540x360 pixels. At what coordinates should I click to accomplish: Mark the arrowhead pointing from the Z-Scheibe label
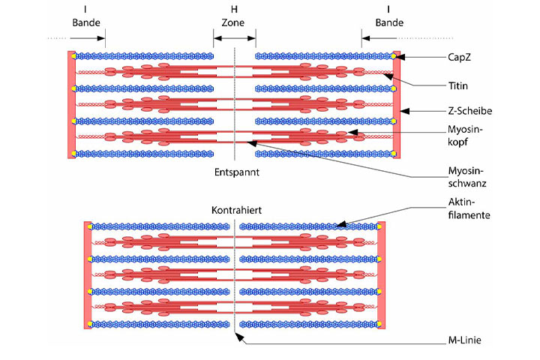pyautogui.click(x=403, y=111)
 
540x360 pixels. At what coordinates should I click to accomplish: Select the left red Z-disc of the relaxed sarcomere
pyautogui.click(x=71, y=105)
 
